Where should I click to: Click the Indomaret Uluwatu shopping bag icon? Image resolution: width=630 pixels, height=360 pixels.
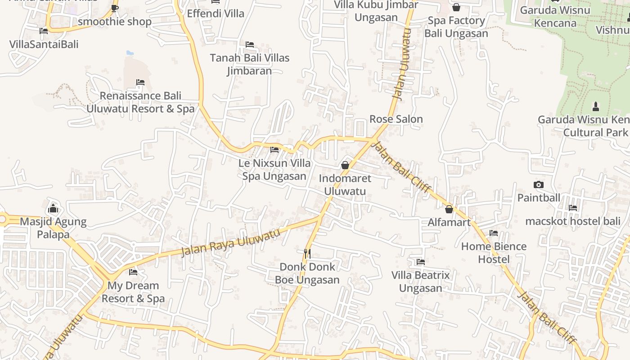click(345, 165)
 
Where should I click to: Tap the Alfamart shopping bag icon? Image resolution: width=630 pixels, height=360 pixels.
click(449, 209)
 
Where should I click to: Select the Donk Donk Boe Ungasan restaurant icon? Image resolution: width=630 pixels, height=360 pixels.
click(307, 253)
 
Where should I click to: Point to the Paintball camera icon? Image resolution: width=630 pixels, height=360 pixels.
click(538, 184)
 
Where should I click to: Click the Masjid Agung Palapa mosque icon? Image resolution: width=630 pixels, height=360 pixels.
click(53, 208)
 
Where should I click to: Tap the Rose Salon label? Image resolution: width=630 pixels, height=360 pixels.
click(396, 119)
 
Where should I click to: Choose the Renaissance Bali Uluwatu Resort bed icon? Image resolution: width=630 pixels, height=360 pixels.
click(140, 82)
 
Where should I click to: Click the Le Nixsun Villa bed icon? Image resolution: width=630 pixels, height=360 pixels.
click(274, 150)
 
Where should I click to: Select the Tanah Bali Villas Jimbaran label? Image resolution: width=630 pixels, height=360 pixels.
click(250, 64)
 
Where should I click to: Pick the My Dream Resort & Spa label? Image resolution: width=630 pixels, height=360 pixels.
click(133, 292)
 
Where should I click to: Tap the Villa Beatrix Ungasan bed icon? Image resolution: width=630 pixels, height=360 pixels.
click(421, 261)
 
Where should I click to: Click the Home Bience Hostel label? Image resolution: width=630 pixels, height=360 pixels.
click(494, 253)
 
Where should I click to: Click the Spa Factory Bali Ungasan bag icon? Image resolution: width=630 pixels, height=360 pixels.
click(456, 7)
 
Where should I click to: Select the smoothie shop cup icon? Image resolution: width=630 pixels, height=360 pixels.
click(115, 8)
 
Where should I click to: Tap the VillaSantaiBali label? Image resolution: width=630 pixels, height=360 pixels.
click(44, 44)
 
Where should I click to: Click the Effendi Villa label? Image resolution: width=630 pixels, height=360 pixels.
click(216, 13)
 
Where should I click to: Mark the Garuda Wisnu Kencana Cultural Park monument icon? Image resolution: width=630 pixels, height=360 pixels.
click(596, 107)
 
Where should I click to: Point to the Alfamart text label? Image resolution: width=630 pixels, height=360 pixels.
click(449, 222)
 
